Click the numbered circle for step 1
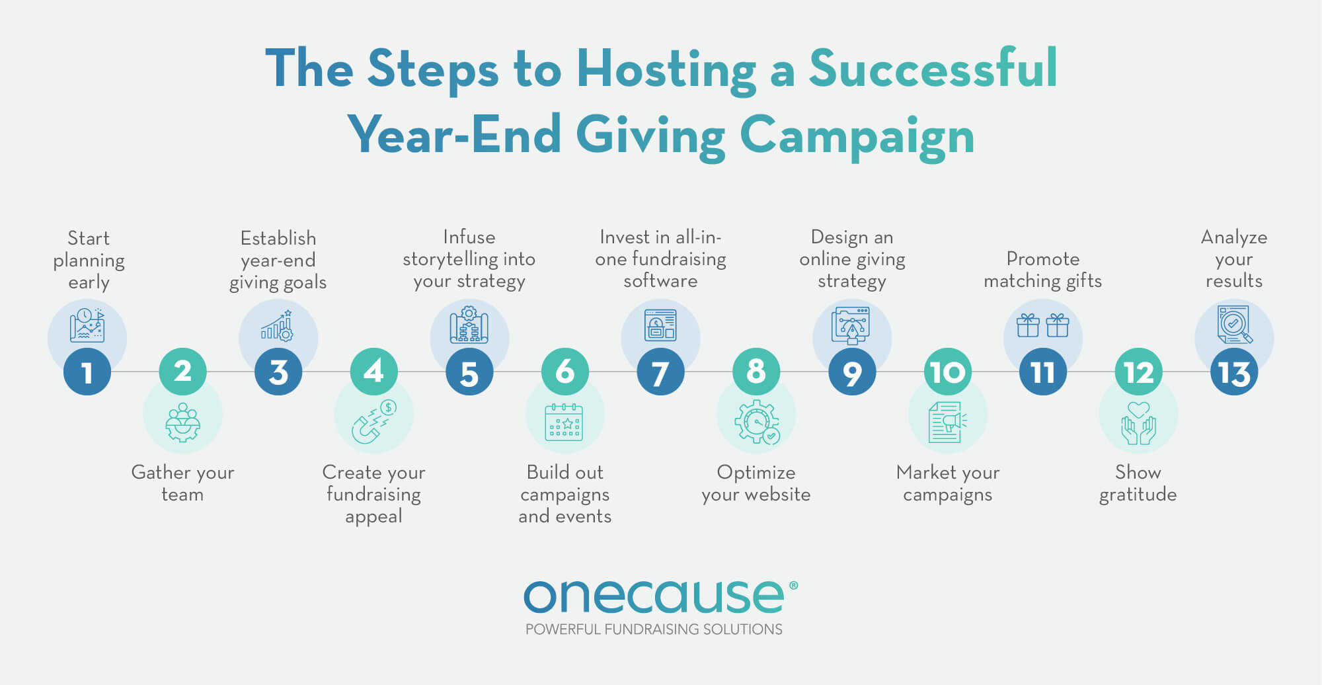click(87, 372)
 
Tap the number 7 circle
click(660, 372)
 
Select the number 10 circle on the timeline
click(947, 372)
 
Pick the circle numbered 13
click(1234, 372)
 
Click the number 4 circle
click(373, 372)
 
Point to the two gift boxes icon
click(1042, 325)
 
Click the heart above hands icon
click(1138, 423)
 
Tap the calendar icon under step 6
click(564, 422)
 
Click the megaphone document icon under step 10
click(947, 422)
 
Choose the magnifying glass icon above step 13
click(1234, 325)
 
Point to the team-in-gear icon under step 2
click(182, 422)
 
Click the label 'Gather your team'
click(182, 483)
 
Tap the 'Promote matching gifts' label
click(1042, 270)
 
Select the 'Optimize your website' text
click(756, 483)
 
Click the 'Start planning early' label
click(89, 260)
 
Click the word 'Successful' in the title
click(933, 69)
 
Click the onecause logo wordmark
click(654, 597)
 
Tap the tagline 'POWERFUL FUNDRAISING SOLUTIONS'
click(654, 629)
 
